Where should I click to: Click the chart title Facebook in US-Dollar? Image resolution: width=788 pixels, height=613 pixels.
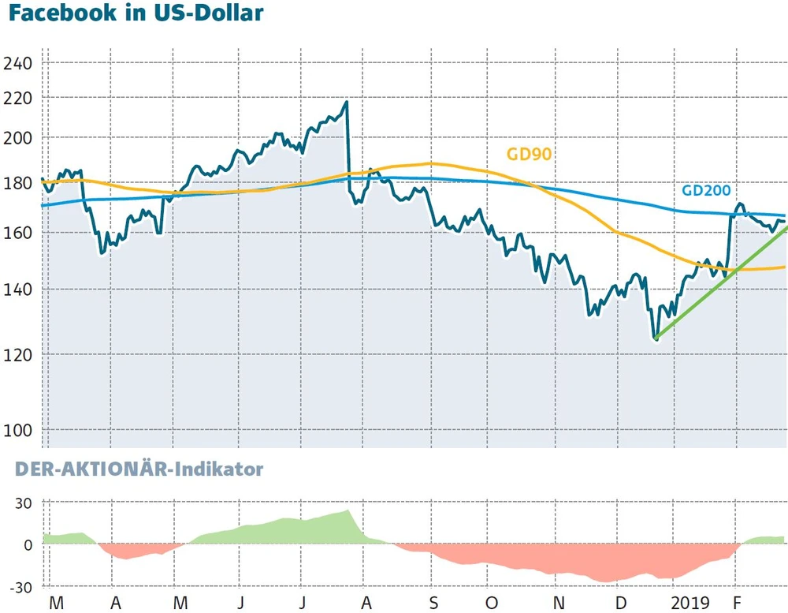(x=135, y=16)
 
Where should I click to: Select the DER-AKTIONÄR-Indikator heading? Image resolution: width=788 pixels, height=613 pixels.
(x=139, y=469)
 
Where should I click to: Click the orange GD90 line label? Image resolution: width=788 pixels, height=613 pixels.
(x=529, y=155)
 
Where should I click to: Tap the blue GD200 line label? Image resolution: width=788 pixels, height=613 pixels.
(x=706, y=190)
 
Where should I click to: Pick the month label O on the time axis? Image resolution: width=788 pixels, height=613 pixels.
(x=492, y=602)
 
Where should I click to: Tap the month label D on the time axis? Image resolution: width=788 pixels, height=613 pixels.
(x=622, y=602)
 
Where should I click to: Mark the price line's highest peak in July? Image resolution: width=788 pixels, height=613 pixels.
(x=345, y=102)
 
